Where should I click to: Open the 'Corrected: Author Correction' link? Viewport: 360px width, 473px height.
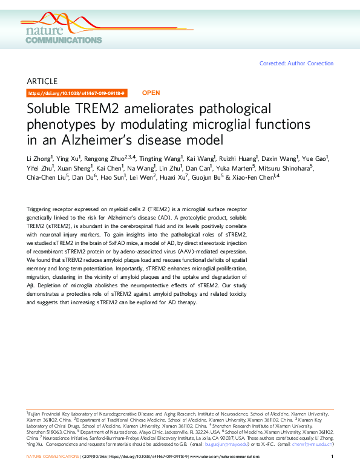[296, 64]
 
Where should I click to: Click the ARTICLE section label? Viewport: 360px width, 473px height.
[42, 81]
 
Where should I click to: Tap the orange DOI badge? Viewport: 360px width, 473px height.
[76, 93]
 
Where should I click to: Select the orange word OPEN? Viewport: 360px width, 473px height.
[151, 93]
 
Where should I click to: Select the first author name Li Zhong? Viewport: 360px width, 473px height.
[39, 158]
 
